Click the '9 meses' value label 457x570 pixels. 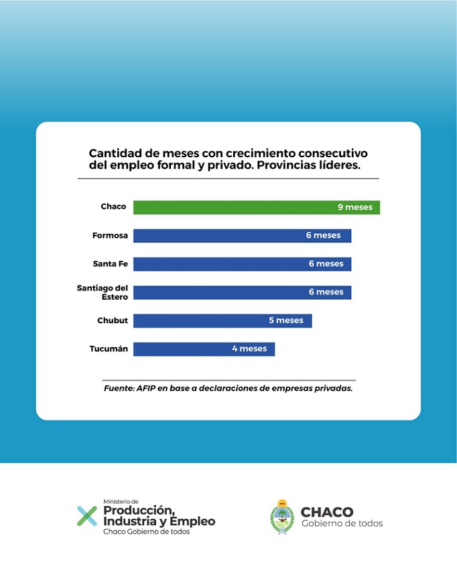coord(354,207)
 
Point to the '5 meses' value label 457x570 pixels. coord(286,320)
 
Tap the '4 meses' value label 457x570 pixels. coord(249,349)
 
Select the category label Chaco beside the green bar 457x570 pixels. coord(113,207)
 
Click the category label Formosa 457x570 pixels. coord(110,235)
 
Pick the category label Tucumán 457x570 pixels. coord(109,349)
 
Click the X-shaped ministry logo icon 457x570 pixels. coord(86,516)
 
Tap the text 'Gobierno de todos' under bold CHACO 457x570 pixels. coord(342,523)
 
